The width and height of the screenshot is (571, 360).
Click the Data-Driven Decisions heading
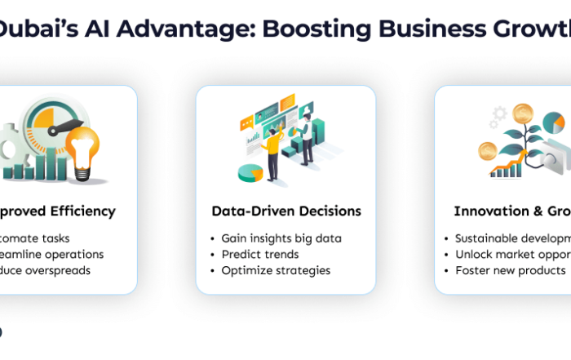285,211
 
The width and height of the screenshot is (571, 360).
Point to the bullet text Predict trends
260,254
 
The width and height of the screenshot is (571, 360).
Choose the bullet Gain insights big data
281,238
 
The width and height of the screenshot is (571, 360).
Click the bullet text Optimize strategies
276,270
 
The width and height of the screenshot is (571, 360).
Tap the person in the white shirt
305,139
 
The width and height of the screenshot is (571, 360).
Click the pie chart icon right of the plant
553,123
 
